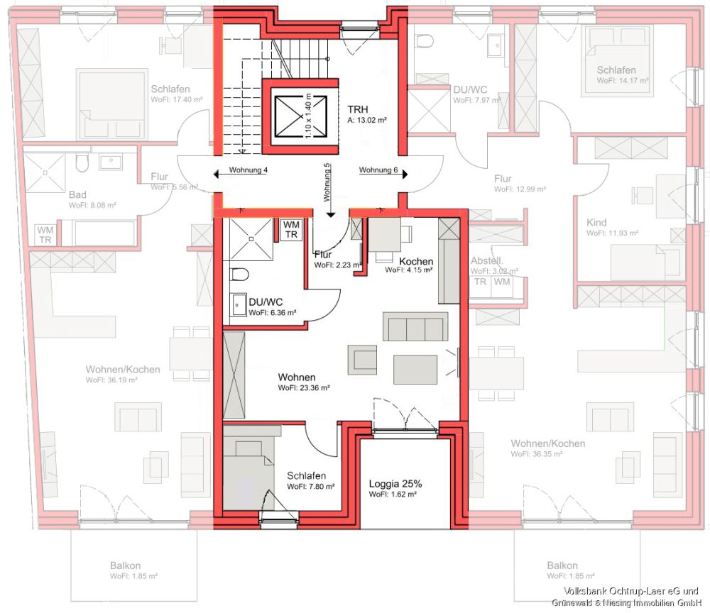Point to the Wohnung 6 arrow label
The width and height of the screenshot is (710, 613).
[x=378, y=170]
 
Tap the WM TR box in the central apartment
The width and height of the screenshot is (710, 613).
[x=291, y=230]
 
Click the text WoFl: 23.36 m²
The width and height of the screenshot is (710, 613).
[x=303, y=388]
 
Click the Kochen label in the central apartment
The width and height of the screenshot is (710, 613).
[x=415, y=262]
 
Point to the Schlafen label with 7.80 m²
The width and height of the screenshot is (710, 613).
[x=306, y=476]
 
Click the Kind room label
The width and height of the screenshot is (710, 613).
[x=596, y=223]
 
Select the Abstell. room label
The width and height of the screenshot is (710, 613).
[x=487, y=260]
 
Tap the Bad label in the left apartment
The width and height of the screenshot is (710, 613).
[x=77, y=194]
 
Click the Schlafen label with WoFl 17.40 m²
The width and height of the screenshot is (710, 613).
[x=170, y=89]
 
